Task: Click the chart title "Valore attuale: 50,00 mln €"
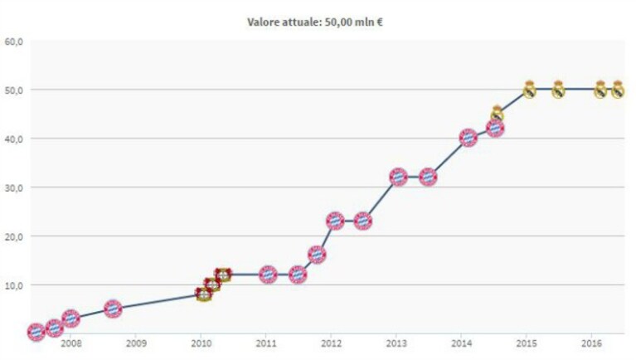(x=315, y=22)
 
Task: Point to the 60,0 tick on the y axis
(x=13, y=41)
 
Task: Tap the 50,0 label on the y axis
(x=13, y=90)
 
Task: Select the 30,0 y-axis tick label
(x=13, y=187)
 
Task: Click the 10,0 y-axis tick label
(x=13, y=285)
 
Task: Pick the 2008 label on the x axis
(x=71, y=343)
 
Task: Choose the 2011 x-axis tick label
(x=266, y=343)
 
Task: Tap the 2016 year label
(x=592, y=343)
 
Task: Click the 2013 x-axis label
(x=396, y=343)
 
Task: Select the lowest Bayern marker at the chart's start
(x=36, y=332)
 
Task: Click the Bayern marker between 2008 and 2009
(x=113, y=309)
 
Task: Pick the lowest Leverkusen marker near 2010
(x=204, y=294)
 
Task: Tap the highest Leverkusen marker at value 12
(x=223, y=275)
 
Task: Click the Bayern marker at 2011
(x=268, y=275)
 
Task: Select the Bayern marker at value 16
(x=317, y=255)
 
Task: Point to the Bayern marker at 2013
(x=398, y=177)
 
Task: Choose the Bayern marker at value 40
(x=468, y=138)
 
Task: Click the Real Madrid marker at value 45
(x=498, y=114)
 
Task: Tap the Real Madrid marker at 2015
(x=529, y=90)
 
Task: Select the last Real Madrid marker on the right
(x=618, y=90)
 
